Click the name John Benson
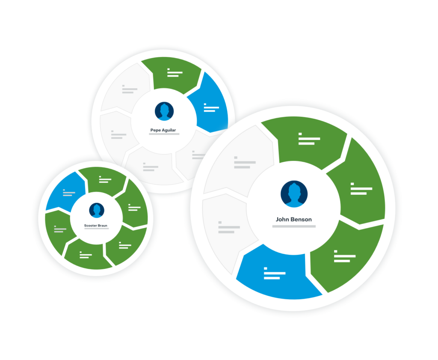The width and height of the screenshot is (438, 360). (293, 220)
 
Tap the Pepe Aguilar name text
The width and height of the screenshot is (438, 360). (163, 130)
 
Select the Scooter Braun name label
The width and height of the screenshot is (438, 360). (95, 226)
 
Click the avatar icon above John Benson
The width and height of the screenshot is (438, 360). (294, 194)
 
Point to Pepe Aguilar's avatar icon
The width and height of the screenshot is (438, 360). (164, 111)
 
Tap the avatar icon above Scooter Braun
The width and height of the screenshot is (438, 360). (97, 210)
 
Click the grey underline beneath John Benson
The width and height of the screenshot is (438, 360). (294, 226)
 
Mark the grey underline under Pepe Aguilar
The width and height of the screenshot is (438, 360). (164, 134)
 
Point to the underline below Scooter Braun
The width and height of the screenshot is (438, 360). (96, 229)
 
